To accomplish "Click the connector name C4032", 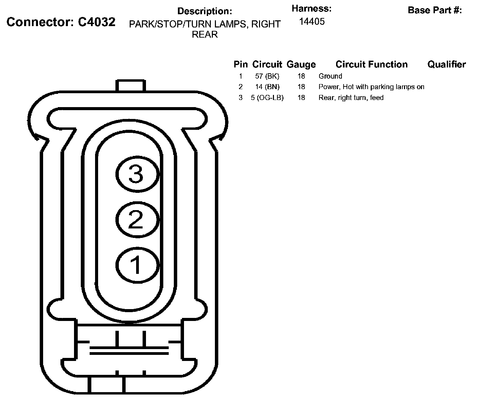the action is [96, 22].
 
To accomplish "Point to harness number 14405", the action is [312, 21].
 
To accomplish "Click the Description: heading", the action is [205, 11].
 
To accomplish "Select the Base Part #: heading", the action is [435, 10].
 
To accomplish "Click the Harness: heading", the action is [312, 8].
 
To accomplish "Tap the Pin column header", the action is [240, 64].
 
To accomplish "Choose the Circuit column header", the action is [267, 64].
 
